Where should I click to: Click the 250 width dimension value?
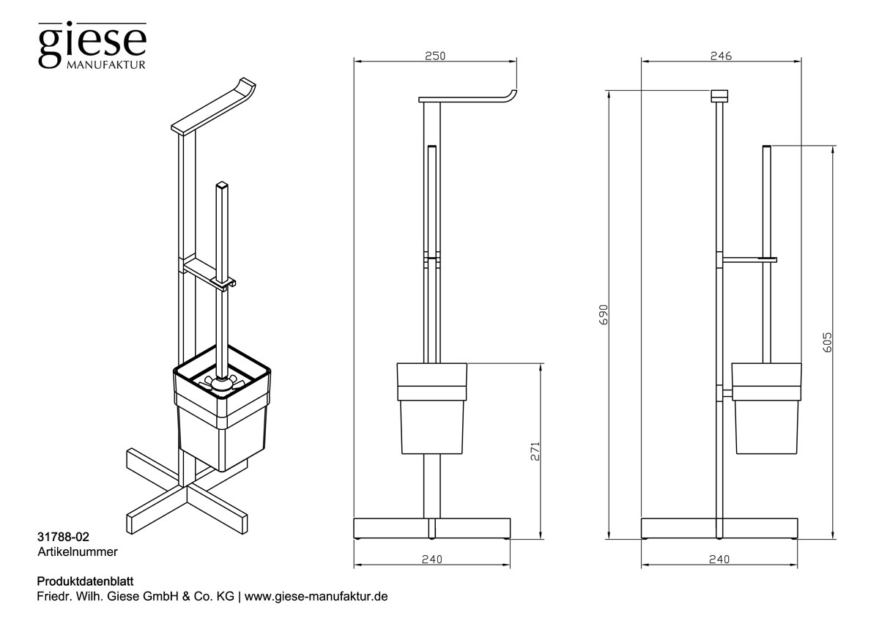434,56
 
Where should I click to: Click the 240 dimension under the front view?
433,559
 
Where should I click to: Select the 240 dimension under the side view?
720,559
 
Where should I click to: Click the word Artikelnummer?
77,549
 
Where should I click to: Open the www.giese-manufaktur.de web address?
315,596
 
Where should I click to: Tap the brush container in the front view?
432,410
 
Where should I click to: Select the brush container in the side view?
765,410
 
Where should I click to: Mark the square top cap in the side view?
721,96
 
